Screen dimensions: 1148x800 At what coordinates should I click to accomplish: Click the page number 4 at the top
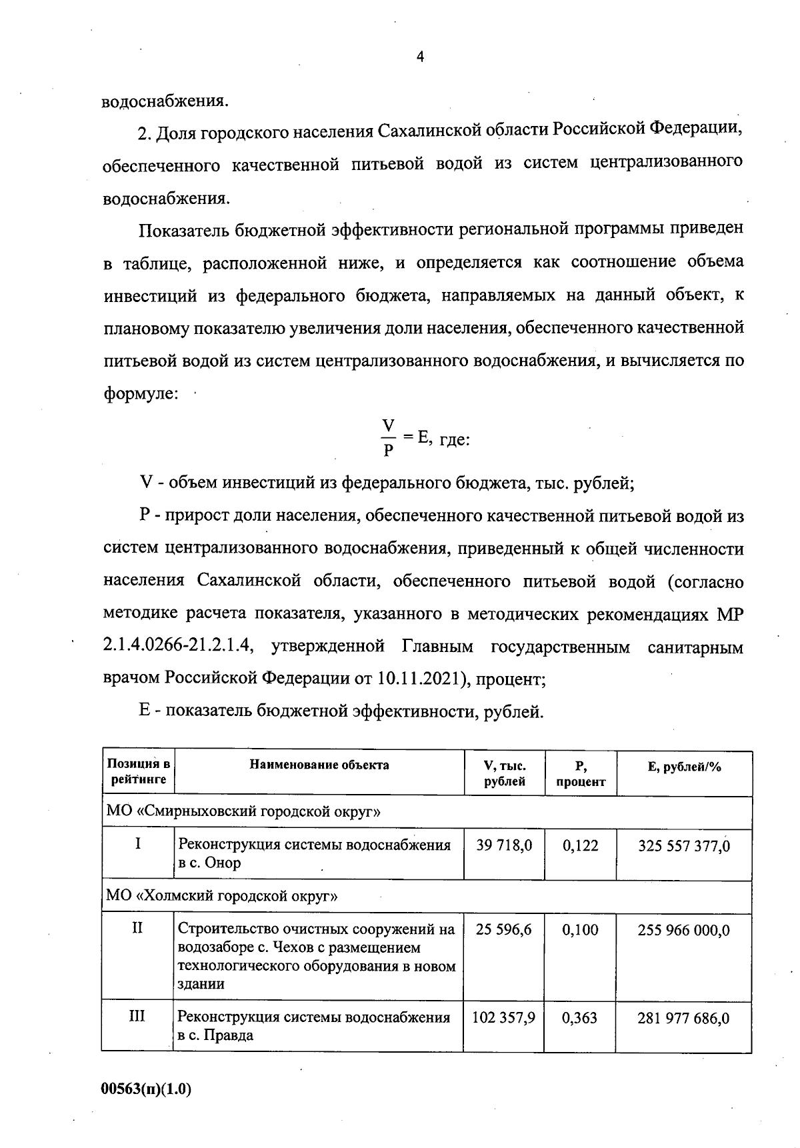click(x=419, y=57)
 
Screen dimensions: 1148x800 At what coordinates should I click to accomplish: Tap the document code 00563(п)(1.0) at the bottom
click(x=147, y=1089)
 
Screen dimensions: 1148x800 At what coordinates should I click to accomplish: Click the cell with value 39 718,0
click(x=504, y=846)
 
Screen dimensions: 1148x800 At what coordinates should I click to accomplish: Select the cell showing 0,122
click(x=580, y=846)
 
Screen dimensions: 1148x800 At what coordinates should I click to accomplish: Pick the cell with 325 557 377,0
click(x=684, y=847)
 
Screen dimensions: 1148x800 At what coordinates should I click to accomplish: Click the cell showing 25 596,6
click(x=504, y=929)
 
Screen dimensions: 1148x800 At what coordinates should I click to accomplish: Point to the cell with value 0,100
click(x=580, y=929)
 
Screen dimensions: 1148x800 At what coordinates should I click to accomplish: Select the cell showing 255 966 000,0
click(x=684, y=930)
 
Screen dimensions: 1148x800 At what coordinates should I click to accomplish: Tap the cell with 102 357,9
click(x=504, y=1018)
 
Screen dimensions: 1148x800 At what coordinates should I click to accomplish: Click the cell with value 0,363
click(x=580, y=1018)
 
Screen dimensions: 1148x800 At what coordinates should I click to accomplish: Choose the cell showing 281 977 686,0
click(x=684, y=1019)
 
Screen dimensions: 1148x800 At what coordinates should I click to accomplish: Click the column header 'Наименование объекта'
click(x=319, y=765)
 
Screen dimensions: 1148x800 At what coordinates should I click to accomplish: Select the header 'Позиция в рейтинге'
click(x=138, y=772)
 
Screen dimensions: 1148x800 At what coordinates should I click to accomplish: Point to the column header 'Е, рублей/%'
click(x=684, y=767)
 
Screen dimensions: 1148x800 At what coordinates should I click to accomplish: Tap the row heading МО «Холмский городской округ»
click(x=222, y=896)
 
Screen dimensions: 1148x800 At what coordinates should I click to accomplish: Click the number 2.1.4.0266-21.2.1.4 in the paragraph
click(x=178, y=647)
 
